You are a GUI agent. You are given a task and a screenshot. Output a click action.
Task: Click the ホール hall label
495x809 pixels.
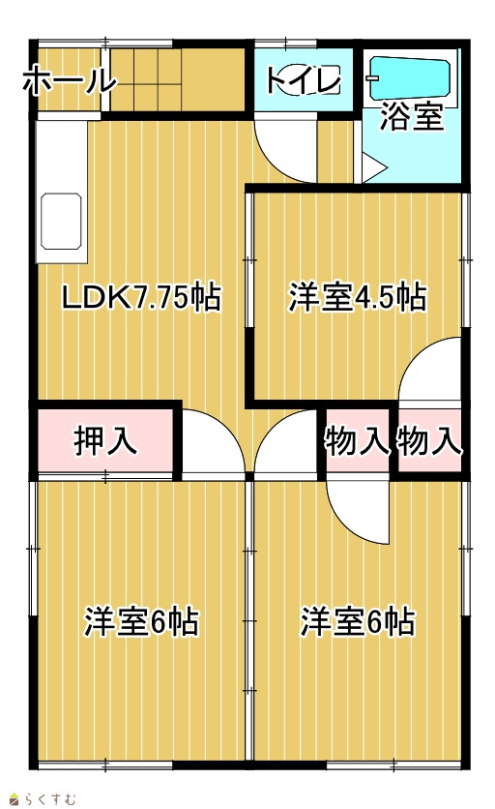coord(70,80)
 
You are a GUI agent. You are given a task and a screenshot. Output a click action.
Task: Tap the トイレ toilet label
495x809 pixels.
coord(304,80)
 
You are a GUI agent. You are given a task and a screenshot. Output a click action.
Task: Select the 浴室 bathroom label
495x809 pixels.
coord(413,116)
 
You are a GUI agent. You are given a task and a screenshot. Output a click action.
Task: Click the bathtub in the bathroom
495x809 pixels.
coord(411,77)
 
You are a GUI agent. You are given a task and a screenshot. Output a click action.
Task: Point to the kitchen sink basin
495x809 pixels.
coord(61,222)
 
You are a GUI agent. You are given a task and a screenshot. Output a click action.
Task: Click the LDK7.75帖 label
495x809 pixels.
coord(142,298)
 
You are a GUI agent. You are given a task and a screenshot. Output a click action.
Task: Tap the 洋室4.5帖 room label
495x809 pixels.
coord(358,297)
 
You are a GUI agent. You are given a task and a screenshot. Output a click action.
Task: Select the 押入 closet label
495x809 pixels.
coord(105,441)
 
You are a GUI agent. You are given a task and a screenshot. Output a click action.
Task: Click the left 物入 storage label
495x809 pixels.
coord(357,441)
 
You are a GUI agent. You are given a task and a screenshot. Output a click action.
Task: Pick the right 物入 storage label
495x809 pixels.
coord(429,441)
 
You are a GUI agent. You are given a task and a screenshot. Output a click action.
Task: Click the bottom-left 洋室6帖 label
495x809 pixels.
coord(142,621)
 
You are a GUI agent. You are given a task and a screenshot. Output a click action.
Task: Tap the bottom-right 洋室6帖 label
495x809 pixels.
coord(358,621)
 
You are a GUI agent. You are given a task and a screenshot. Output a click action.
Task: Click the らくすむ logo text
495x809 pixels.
coord(44,798)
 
